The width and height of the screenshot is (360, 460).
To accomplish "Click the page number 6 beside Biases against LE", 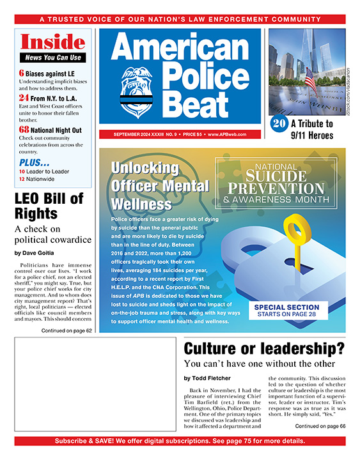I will coord(22,72).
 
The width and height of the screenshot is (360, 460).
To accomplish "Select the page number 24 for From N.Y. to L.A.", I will coord(24,98).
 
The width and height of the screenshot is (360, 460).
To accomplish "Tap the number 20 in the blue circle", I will coord(278,124).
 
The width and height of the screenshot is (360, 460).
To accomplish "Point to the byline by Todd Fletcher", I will coord(208,378).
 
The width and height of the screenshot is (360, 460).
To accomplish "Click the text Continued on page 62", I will coord(67,330).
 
